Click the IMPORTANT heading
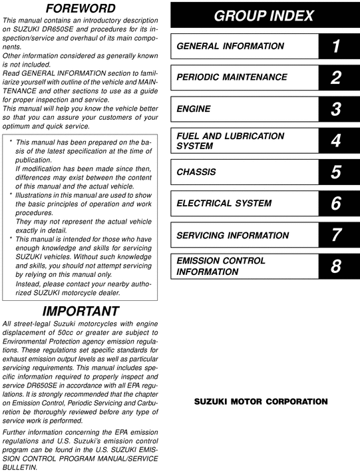81,311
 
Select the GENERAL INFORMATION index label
230,46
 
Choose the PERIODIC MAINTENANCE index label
232,77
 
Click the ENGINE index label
194,109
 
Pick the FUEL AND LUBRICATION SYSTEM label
230,140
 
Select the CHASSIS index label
196,172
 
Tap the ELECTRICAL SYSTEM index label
224,204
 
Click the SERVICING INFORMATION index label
233,235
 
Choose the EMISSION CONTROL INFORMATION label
221,266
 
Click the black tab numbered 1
336,46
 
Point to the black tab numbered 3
336,109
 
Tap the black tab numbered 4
336,140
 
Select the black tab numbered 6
336,204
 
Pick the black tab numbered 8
336,267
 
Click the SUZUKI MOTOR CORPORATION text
261,401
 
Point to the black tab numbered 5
336,172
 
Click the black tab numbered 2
336,77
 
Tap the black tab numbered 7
336,235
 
